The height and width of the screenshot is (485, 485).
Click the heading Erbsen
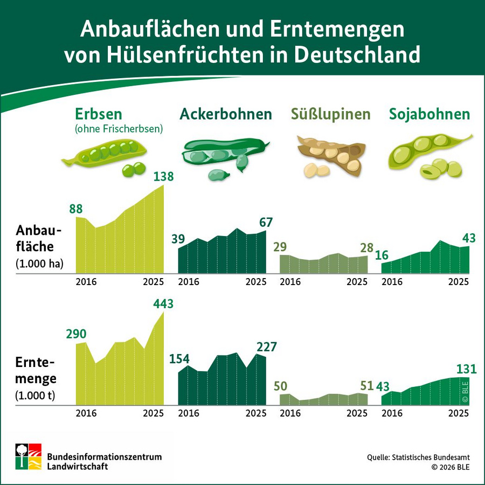[99, 114]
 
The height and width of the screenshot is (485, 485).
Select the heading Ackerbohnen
[226, 114]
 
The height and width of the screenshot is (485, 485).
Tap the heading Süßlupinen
[331, 114]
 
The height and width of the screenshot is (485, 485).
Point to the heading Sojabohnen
[429, 114]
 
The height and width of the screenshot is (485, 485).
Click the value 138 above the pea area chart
[163, 177]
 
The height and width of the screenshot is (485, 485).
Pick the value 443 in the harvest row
[163, 304]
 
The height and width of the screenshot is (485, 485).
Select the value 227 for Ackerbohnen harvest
[266, 347]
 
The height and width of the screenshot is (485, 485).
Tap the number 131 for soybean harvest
[467, 369]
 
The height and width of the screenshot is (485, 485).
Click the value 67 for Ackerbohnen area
[266, 223]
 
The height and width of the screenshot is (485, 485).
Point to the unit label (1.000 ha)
[40, 264]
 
